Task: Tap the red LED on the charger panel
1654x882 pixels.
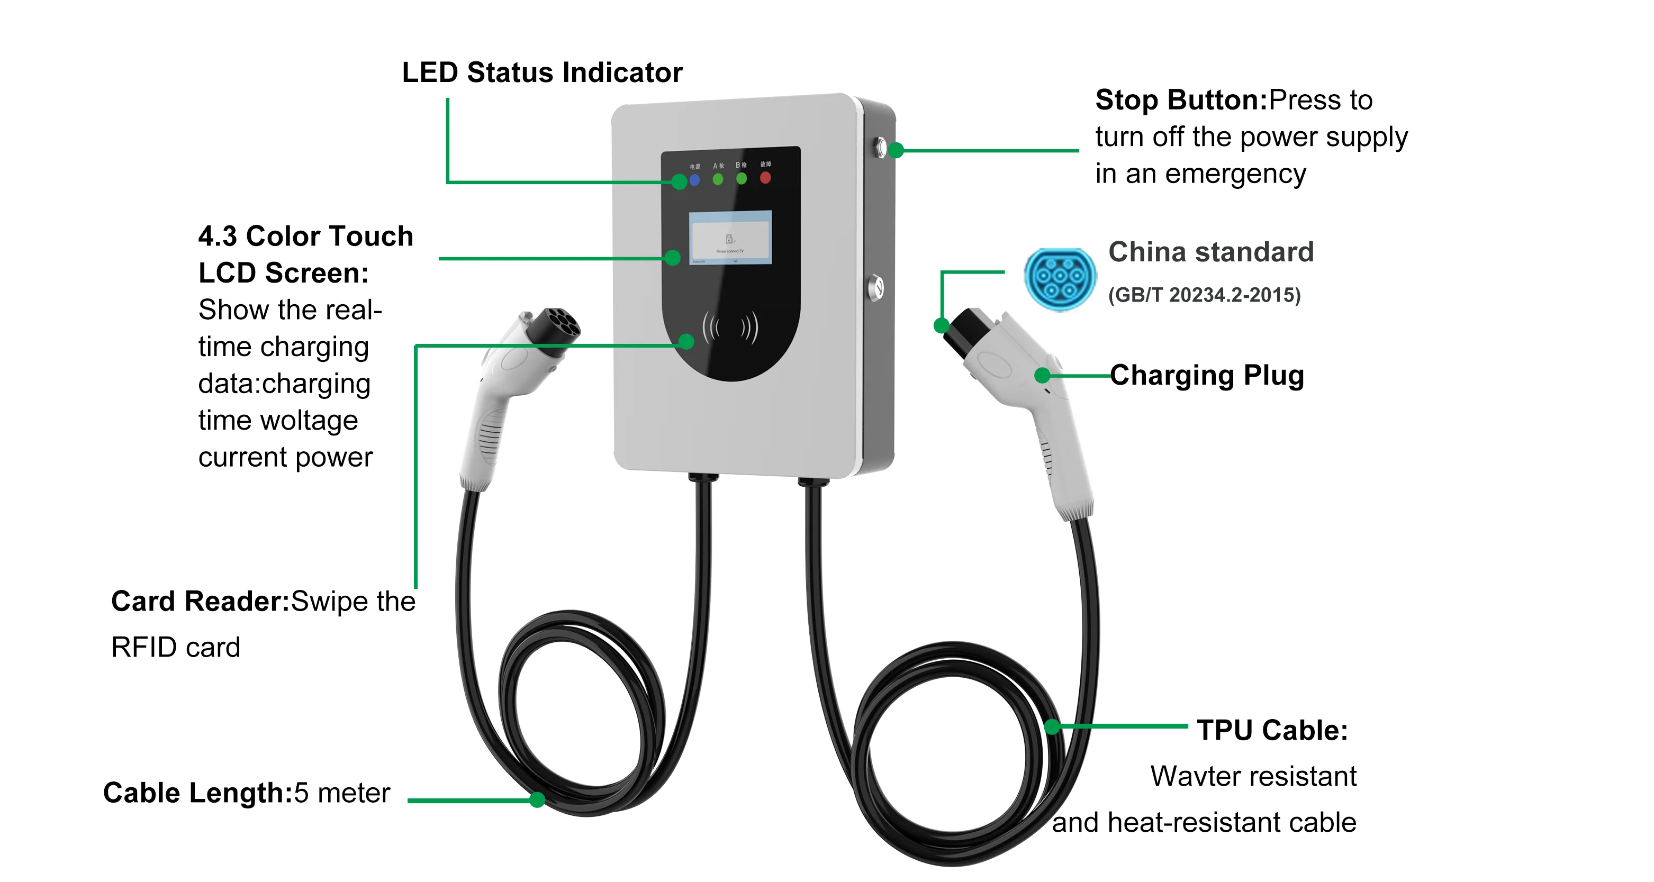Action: tap(765, 178)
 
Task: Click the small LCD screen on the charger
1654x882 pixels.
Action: tap(730, 237)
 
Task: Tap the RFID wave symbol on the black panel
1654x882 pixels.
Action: tap(730, 328)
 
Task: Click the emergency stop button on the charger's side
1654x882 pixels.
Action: tap(881, 148)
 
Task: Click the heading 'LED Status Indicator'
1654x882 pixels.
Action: tap(542, 72)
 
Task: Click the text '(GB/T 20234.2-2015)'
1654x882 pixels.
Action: tap(1204, 295)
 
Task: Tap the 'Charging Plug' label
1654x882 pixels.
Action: tap(1207, 376)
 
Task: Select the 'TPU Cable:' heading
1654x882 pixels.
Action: tap(1272, 731)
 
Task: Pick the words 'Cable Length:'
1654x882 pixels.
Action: tap(198, 794)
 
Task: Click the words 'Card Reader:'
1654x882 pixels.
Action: tap(200, 602)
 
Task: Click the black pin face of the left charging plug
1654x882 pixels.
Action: tap(558, 328)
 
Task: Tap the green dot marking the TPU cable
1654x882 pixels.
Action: tap(1052, 726)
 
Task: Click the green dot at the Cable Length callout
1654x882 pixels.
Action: tap(537, 800)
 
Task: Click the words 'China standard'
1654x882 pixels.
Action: tap(1211, 252)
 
